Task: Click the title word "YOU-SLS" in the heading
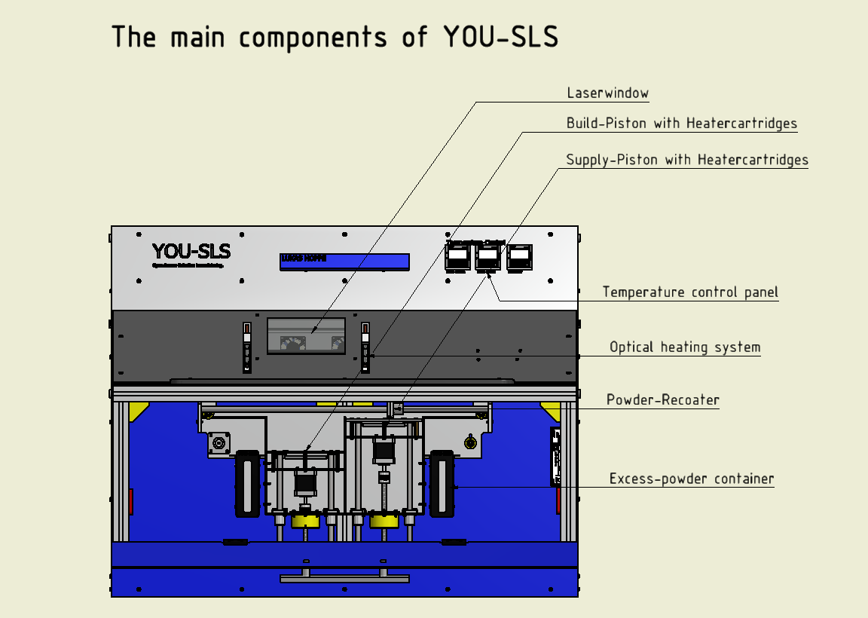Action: tap(493, 37)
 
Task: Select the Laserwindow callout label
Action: tap(607, 93)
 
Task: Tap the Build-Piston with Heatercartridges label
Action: tap(681, 123)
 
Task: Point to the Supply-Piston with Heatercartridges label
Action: tap(686, 160)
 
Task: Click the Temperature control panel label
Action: tap(690, 292)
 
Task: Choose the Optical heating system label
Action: tap(685, 347)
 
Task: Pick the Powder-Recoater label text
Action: tap(662, 399)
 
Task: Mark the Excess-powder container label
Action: tap(691, 479)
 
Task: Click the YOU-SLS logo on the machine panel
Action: tap(191, 252)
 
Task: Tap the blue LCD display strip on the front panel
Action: tap(344, 261)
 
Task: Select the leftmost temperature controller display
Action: tap(457, 257)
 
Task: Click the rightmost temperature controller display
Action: tap(519, 257)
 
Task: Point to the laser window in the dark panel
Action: tap(306, 336)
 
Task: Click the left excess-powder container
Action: tap(247, 484)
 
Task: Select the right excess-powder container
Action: tap(442, 484)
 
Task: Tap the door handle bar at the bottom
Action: tap(344, 578)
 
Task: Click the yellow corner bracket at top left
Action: tap(138, 411)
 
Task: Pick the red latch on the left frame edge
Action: tap(130, 501)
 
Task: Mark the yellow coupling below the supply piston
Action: tap(384, 521)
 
